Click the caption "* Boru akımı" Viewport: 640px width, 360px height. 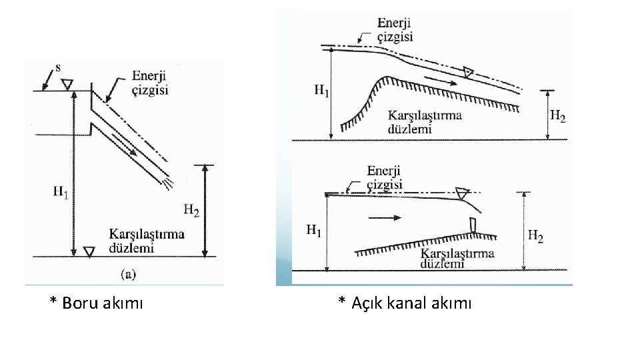click(96, 303)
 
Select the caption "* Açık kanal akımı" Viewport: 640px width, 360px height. click(405, 303)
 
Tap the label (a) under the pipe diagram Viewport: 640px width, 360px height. click(129, 272)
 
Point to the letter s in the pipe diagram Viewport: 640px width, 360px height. click(58, 67)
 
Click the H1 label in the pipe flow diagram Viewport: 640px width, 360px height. click(61, 192)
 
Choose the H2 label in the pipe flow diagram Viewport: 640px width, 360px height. click(191, 211)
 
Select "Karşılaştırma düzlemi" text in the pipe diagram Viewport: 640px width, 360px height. click(147, 241)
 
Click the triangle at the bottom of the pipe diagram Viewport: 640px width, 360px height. click(89, 251)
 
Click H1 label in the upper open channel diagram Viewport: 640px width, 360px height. click(321, 91)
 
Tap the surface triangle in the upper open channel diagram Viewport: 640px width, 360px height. click(469, 71)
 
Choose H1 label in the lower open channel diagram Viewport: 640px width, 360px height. click(314, 231)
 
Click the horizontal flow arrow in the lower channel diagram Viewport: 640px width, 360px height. click(385, 217)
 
